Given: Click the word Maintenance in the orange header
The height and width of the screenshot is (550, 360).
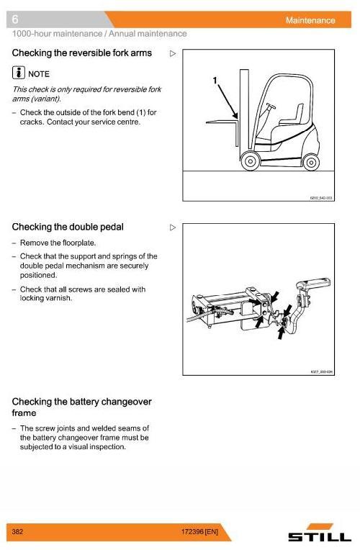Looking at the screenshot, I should click(x=310, y=20).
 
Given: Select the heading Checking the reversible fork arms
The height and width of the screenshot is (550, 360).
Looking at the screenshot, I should click(x=82, y=53).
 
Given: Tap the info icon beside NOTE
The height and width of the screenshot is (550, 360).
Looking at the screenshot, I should click(x=19, y=73).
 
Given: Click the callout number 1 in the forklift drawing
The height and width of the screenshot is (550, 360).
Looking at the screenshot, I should click(x=215, y=81).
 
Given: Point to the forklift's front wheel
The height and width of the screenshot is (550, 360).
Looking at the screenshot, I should click(x=250, y=161).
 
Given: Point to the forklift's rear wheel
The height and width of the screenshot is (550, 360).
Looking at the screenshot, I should click(x=311, y=161).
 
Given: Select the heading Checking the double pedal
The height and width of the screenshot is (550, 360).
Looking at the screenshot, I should click(x=68, y=227).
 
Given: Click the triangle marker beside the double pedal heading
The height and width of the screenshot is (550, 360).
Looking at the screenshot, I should click(x=172, y=227).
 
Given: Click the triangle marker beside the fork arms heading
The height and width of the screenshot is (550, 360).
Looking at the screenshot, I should click(x=172, y=53).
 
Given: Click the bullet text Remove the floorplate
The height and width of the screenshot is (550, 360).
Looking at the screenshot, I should click(x=58, y=243).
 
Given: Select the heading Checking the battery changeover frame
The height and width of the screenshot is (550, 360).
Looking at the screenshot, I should click(x=81, y=407).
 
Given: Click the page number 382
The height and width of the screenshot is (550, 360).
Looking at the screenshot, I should click(x=19, y=532).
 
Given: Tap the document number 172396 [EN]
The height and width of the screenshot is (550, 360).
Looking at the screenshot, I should click(x=200, y=532).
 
